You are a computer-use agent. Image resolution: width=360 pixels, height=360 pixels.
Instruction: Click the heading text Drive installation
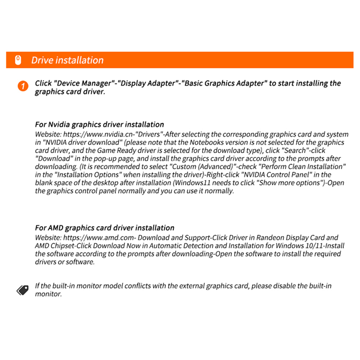point(67,60)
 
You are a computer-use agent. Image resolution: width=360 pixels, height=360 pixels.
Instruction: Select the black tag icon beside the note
point(22,290)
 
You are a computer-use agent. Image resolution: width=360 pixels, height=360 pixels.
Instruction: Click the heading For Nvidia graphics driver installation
point(99,124)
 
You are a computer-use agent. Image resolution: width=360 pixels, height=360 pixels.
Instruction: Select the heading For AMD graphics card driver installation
point(104,228)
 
